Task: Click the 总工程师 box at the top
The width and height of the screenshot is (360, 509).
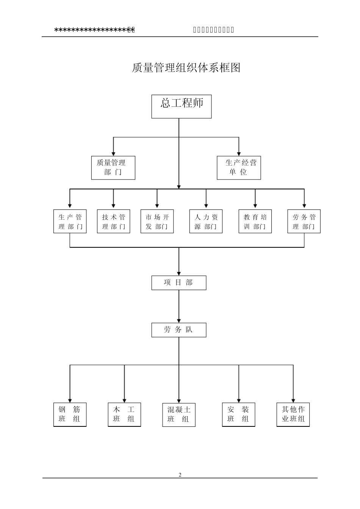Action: (182, 106)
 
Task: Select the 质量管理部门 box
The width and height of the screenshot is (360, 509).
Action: (113, 168)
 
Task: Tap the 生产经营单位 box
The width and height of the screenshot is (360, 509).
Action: (239, 168)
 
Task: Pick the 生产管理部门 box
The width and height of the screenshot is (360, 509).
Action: (70, 222)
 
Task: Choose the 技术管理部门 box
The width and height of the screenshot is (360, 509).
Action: (113, 222)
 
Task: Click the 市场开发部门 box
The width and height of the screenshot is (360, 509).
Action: (157, 222)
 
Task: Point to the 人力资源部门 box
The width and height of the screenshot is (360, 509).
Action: (206, 222)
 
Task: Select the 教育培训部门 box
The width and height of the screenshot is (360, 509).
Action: (255, 222)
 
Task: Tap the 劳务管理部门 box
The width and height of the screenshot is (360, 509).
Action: (304, 222)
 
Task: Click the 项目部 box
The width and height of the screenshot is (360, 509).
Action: (179, 283)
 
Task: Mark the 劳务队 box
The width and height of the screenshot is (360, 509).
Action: (179, 330)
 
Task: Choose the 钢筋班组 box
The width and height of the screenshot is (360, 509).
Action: (70, 415)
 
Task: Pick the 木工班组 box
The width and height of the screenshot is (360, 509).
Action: (124, 415)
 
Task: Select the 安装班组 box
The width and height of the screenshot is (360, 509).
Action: (238, 415)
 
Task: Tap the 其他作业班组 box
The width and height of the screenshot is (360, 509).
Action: (293, 415)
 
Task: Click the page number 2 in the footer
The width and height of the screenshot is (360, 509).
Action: (180, 475)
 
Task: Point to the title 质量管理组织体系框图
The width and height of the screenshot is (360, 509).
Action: (186, 68)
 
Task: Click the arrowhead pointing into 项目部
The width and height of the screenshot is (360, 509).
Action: (179, 273)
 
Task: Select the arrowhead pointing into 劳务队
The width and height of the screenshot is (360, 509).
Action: (179, 320)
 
